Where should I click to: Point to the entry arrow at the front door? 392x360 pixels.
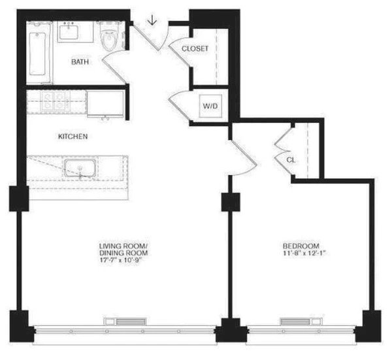[152, 21]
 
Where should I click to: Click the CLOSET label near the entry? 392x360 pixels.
[195, 49]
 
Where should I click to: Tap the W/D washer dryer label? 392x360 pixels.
[210, 105]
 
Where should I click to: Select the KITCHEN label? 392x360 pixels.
[73, 137]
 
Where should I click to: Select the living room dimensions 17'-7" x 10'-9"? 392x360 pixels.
[123, 261]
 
